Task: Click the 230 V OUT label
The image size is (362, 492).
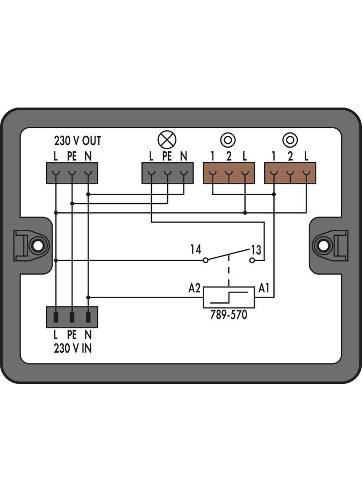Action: pyautogui.click(x=78, y=141)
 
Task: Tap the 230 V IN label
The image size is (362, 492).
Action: pyautogui.click(x=72, y=348)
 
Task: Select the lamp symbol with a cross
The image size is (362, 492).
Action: pyautogui.click(x=167, y=140)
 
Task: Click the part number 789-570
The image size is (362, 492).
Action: pyautogui.click(x=229, y=314)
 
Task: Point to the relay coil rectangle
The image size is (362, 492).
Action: pyautogui.click(x=229, y=297)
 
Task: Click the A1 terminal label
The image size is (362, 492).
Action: pyautogui.click(x=264, y=288)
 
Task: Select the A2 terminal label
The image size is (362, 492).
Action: pyautogui.click(x=194, y=288)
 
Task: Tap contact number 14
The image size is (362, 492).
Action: pyautogui.click(x=196, y=249)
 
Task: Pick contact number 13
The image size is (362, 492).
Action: pyautogui.click(x=256, y=250)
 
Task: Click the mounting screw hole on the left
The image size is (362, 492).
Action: pyautogui.click(x=37, y=246)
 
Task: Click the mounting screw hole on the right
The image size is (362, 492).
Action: pyautogui.click(x=323, y=246)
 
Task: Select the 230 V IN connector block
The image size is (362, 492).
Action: pyautogui.click(x=72, y=317)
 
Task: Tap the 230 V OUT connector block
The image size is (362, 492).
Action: pyautogui.click(x=72, y=173)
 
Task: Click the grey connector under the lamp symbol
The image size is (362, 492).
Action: pyautogui.click(x=167, y=173)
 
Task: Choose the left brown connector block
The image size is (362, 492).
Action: pyautogui.click(x=229, y=173)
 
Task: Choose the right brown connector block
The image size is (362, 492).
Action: pyautogui.click(x=290, y=173)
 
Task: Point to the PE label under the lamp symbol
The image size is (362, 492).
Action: pyautogui.click(x=167, y=156)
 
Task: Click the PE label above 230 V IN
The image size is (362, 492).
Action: pyautogui.click(x=72, y=335)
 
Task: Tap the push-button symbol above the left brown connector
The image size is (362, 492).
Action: pyautogui.click(x=228, y=140)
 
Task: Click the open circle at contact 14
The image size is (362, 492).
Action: pyautogui.click(x=205, y=260)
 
